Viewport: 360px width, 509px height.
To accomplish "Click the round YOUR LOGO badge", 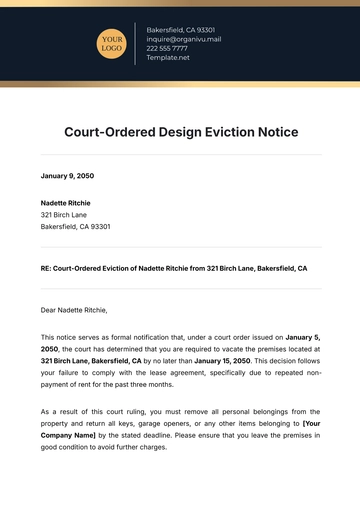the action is click(111, 43).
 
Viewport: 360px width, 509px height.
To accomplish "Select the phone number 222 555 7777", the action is click(167, 48).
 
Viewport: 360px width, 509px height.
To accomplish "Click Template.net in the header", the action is click(168, 58).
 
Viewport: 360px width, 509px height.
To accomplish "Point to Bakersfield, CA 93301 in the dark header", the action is click(180, 29).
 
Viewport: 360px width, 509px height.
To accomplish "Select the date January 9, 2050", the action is click(66, 177).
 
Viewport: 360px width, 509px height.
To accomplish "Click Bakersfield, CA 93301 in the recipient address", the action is click(75, 226).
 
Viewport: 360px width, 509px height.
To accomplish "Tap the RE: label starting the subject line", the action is click(47, 269).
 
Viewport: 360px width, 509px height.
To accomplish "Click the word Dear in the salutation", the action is click(50, 310).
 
